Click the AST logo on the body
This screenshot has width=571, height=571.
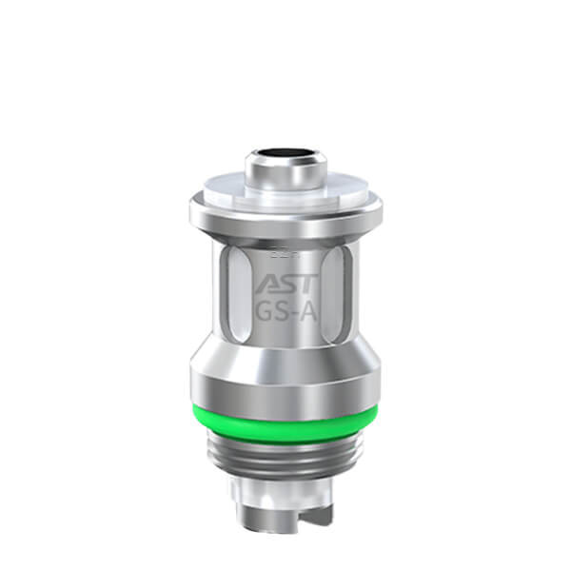tap(285, 284)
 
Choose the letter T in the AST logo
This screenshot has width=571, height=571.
tap(304, 284)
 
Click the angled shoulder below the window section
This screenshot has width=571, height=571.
tap(285, 357)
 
